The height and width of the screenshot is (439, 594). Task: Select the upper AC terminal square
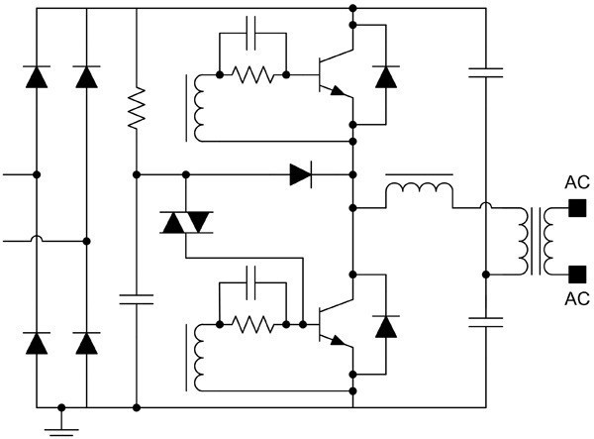[577, 208]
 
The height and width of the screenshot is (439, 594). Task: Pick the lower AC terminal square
[577, 274]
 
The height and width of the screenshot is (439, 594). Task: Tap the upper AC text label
[577, 182]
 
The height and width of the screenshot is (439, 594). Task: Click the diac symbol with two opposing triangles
[186, 222]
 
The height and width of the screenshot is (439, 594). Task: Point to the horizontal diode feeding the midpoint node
[301, 174]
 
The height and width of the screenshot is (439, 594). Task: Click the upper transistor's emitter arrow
[338, 91]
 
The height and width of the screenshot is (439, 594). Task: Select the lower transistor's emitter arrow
[338, 341]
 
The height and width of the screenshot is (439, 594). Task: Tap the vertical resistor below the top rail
[137, 108]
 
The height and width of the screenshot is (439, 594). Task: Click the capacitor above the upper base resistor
[251, 33]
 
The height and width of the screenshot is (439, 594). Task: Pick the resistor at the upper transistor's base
[252, 74]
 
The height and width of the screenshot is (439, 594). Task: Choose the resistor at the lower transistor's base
[252, 324]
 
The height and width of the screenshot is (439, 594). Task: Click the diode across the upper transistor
[386, 77]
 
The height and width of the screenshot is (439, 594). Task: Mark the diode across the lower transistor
[386, 327]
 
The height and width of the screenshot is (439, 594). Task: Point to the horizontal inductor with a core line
[420, 189]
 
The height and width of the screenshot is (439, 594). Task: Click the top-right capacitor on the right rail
[486, 72]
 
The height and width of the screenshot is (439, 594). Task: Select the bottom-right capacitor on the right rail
[486, 322]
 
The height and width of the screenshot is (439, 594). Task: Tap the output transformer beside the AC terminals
[536, 241]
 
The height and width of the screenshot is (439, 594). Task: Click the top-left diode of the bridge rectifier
[37, 77]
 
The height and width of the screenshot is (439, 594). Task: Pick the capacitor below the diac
[137, 299]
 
